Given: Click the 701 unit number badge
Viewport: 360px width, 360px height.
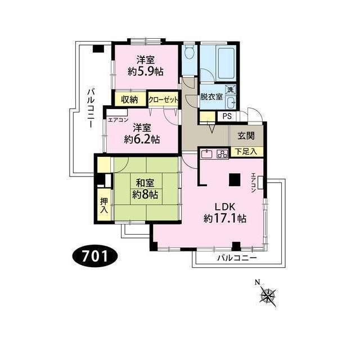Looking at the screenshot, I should point(94,256).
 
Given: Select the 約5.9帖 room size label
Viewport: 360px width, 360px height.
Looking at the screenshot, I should point(145,71).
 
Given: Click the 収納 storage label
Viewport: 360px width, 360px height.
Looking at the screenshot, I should point(129,100).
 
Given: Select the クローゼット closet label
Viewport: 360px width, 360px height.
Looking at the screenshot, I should point(164,100).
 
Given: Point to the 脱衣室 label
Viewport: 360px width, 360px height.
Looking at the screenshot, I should point(212,96).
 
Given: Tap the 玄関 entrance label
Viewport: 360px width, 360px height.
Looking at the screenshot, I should point(246,135).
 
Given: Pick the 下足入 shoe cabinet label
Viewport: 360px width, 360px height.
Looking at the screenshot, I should point(246,151).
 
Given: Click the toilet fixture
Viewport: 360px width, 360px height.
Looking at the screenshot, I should point(189,55).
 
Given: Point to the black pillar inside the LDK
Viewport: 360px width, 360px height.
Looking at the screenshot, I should point(234,180).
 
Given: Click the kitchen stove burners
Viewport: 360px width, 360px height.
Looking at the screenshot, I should point(220,153).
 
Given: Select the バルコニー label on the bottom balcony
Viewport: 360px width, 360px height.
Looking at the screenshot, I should point(237,258).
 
